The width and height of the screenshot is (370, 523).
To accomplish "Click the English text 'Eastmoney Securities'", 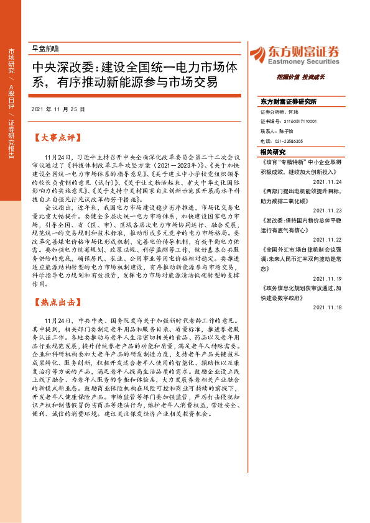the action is (x=303, y=61).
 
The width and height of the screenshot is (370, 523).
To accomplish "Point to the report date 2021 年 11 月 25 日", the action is (x=57, y=109).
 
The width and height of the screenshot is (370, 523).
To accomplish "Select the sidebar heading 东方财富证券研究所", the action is (x=289, y=101).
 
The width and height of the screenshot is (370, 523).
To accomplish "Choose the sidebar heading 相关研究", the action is (x=272, y=152).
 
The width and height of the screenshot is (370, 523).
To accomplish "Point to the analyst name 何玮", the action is (x=295, y=113).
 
